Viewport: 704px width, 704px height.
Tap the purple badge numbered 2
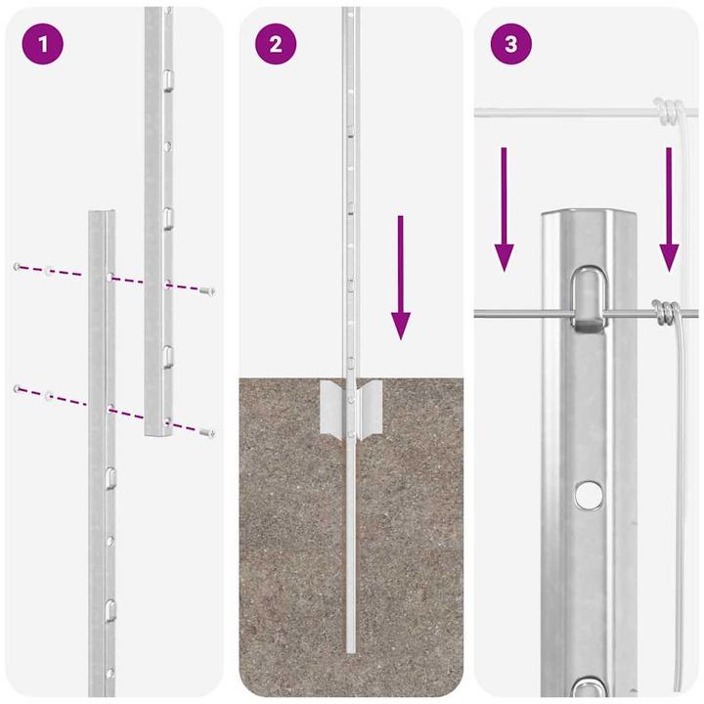tap(275, 44)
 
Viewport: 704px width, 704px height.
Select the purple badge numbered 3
tap(510, 44)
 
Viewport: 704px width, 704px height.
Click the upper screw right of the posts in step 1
tap(206, 289)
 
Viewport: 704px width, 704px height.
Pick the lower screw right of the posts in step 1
tap(206, 430)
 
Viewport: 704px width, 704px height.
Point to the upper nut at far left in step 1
tap(17, 266)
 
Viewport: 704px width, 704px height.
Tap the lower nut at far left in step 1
tap(17, 388)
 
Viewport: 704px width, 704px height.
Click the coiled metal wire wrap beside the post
tap(665, 313)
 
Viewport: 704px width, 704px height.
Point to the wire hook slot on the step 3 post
tap(587, 298)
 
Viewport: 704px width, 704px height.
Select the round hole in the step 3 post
tap(587, 494)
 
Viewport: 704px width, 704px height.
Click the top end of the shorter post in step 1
tap(102, 214)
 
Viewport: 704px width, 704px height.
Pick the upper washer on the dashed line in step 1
tap(48, 270)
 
